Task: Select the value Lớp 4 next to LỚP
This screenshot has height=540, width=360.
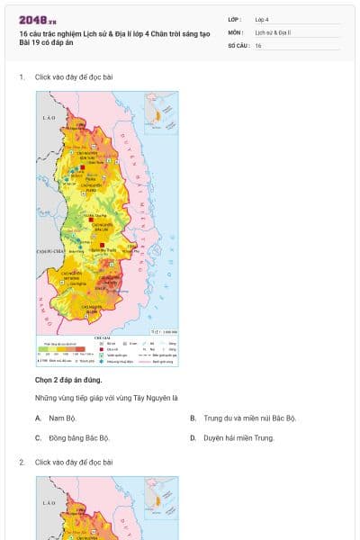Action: (262, 19)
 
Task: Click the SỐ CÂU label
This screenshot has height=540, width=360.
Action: (238, 45)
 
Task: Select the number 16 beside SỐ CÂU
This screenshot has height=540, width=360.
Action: (258, 45)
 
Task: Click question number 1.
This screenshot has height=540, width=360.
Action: (22, 77)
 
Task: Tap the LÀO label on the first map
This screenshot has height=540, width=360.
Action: (48, 118)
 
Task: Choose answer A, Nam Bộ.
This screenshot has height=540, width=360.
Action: (59, 418)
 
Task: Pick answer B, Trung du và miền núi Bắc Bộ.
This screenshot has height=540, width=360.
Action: (249, 418)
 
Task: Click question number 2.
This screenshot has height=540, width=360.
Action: (22, 462)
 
